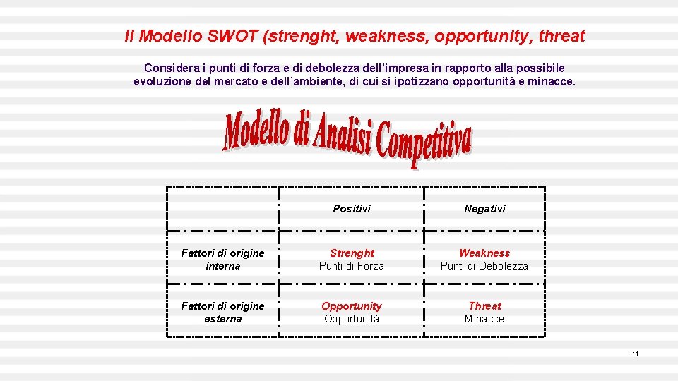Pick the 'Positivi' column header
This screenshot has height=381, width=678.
pos(352,209)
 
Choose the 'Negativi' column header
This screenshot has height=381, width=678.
pos(484,209)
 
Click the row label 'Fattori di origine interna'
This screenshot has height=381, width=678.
pos(222,260)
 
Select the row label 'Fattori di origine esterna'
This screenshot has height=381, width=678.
pos(222,313)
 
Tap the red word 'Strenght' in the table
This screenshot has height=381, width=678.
pos(352,253)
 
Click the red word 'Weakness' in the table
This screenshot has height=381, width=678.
pos(484,253)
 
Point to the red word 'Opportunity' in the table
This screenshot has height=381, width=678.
pos(352,306)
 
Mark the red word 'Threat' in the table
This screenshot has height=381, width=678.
pos(484,306)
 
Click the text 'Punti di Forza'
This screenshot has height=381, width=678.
pos(352,266)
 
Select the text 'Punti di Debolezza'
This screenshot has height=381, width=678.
pos(484,266)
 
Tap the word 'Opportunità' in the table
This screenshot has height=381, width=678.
pos(352,319)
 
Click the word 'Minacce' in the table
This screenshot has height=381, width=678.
pos(484,319)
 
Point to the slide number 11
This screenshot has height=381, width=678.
pos(635,353)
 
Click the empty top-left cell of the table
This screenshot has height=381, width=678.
pos(222,209)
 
